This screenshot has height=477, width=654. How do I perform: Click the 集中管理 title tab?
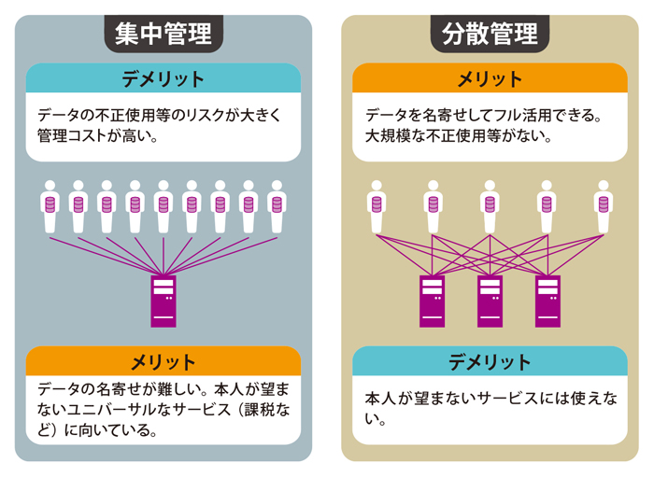point(163,34)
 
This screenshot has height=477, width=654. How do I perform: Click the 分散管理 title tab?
point(490,34)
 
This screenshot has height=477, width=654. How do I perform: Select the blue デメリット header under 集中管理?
point(163,77)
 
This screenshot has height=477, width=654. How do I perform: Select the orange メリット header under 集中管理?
point(163,361)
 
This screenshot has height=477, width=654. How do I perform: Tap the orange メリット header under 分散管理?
point(490,77)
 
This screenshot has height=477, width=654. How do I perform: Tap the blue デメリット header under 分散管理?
point(490,361)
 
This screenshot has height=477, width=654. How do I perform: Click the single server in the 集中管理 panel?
point(163,300)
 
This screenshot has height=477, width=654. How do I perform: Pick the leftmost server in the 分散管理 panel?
point(433,300)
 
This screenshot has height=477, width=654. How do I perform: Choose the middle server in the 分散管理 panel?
point(490,300)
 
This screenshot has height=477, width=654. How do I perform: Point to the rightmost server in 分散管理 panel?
point(547,300)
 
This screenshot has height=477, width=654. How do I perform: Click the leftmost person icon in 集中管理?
point(50,206)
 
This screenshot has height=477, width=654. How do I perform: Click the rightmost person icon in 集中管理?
point(276,206)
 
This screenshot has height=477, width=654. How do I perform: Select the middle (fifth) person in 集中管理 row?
point(163,206)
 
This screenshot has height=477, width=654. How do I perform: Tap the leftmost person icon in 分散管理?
point(377,206)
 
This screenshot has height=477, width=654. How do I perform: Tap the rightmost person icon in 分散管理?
point(603,206)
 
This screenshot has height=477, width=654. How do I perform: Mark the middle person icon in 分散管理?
point(490,206)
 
